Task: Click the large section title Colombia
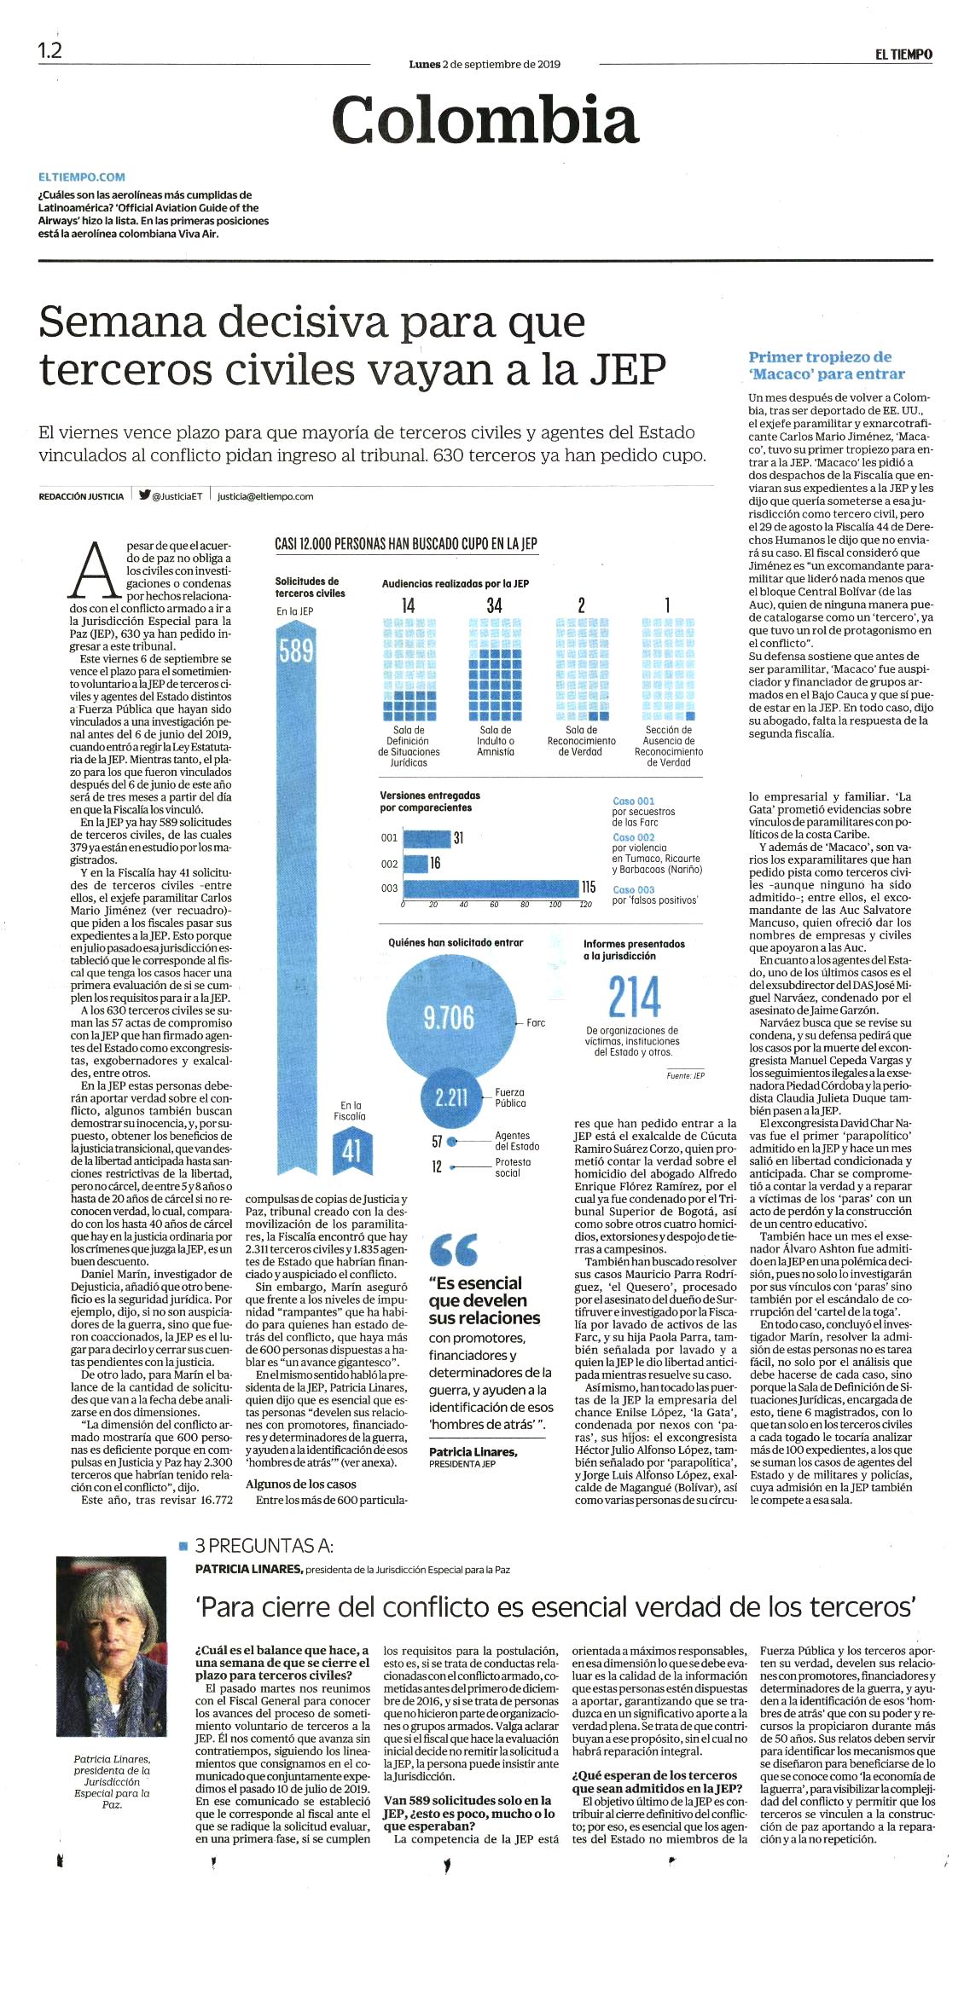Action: (485, 120)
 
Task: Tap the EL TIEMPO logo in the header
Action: (903, 55)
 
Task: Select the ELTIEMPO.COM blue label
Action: (82, 177)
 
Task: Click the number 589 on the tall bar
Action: (296, 651)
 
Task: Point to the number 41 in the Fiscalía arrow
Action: (351, 1152)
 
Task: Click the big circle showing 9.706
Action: (449, 1016)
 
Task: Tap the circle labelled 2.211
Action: (451, 1097)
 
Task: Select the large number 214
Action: (635, 997)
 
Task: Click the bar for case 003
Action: (491, 888)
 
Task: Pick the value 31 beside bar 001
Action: (458, 838)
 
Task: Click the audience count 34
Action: (495, 605)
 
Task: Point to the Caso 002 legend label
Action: (633, 837)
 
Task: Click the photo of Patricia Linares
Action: (111, 1647)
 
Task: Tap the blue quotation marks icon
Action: (454, 1251)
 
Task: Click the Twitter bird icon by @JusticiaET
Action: (145, 495)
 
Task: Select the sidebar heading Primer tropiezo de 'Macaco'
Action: (827, 365)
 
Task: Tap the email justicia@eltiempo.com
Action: (265, 496)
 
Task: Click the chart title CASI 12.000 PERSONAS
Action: (406, 544)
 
